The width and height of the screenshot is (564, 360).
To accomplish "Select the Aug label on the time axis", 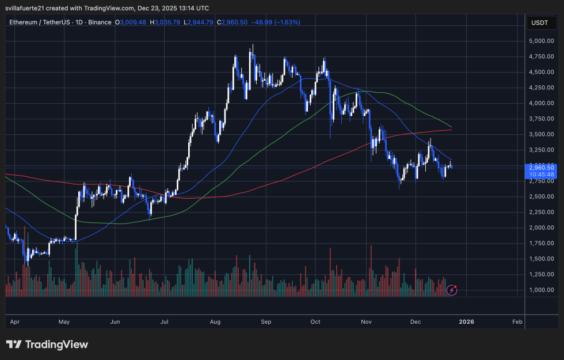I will click(215, 321).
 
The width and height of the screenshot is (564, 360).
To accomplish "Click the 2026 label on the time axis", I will click(466, 321).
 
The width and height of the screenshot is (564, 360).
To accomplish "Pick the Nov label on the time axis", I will click(366, 321).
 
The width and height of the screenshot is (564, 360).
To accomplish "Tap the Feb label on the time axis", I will click(517, 321).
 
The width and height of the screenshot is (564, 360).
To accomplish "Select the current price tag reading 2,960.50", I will click(541, 168).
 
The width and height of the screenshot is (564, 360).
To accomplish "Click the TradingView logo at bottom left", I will click(47, 344).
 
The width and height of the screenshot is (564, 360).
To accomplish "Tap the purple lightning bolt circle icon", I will click(452, 290).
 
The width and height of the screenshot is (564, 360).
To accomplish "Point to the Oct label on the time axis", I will click(315, 321).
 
